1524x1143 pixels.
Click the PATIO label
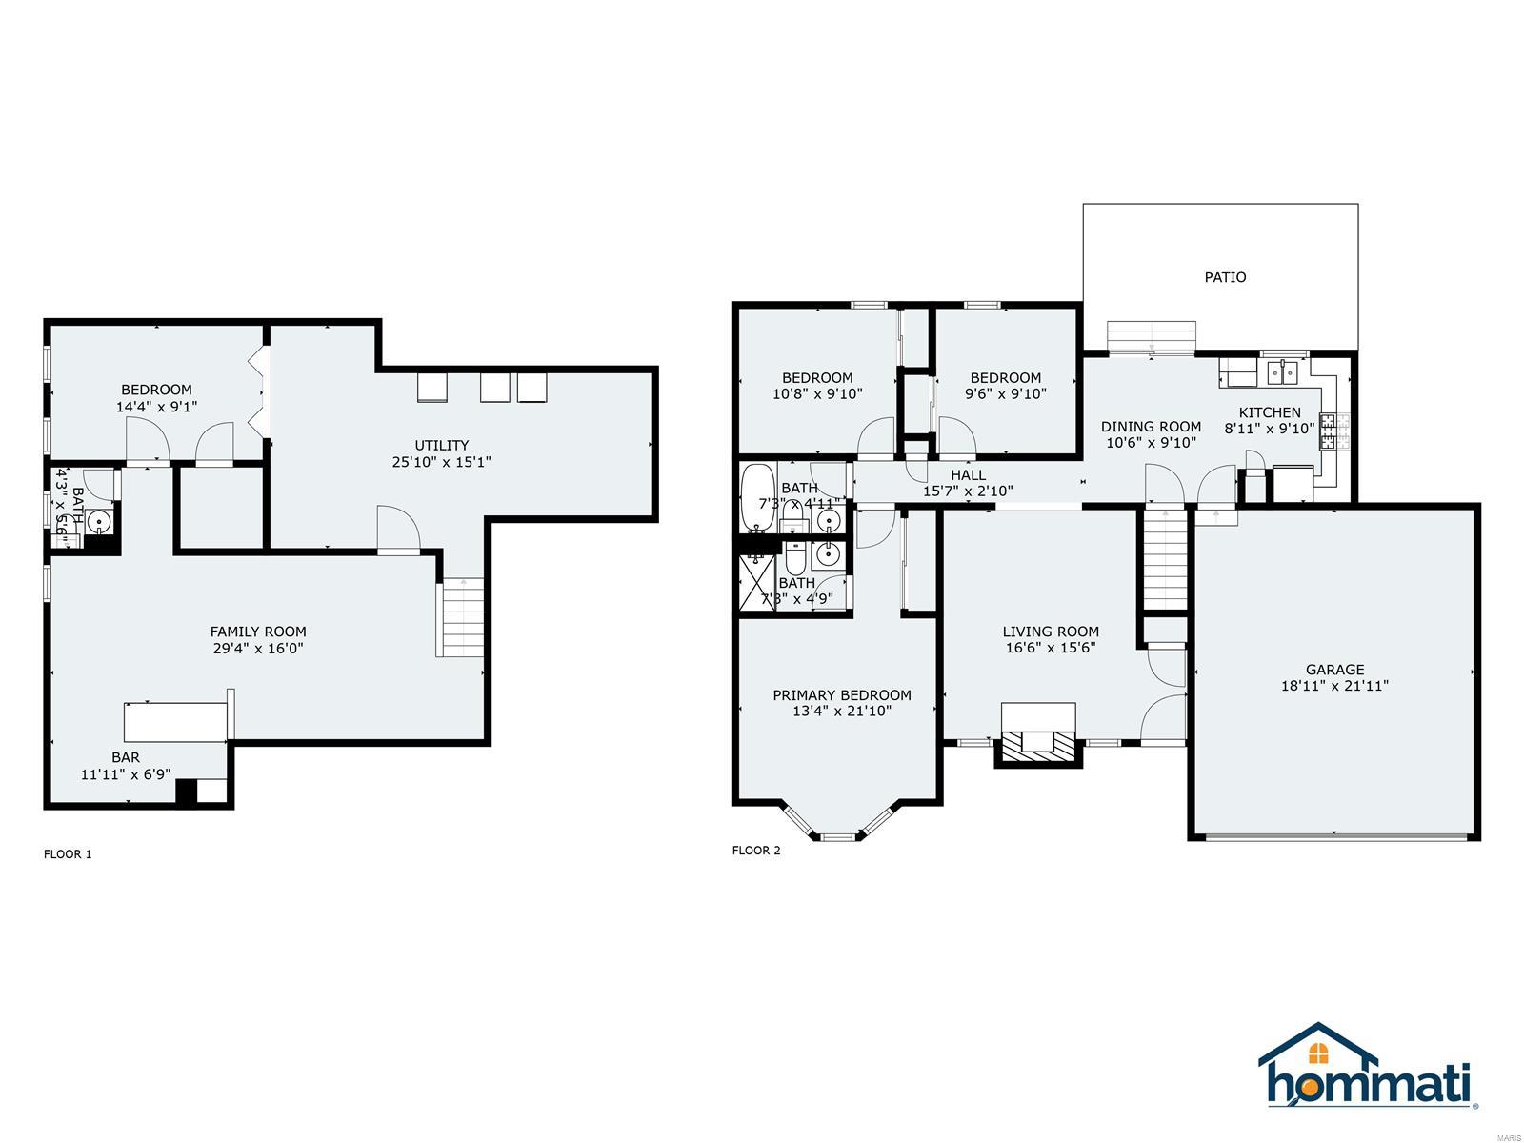pos(1225,277)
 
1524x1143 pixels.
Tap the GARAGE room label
pos(1334,670)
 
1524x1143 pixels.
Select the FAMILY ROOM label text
pos(258,632)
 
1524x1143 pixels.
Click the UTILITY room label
pos(441,445)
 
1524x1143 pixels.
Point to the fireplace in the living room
pos(1038,734)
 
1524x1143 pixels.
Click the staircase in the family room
pos(461,617)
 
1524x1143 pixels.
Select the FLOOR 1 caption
pos(68,854)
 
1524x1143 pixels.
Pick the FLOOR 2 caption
pos(756,851)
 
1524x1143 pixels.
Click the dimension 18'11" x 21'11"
pos(1334,686)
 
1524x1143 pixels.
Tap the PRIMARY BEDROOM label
pos(842,695)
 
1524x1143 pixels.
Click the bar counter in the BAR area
pos(177,721)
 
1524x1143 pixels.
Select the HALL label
pos(968,475)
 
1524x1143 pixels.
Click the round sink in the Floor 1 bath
pos(98,522)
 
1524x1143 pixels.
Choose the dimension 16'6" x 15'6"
pos(1051,648)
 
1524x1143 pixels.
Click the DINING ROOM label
pos(1151,427)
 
